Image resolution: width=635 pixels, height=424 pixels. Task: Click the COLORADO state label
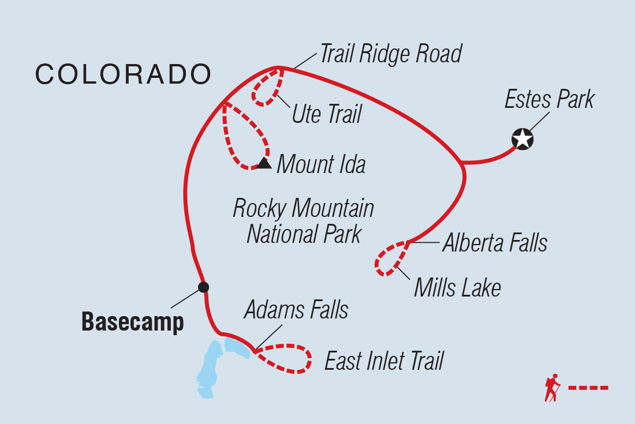click(123, 74)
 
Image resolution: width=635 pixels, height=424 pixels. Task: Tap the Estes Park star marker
click(522, 139)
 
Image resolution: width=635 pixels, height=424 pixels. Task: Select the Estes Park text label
click(549, 100)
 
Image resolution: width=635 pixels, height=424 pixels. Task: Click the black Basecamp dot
click(203, 287)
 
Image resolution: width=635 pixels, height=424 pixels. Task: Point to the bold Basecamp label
click(133, 322)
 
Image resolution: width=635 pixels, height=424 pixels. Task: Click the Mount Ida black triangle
click(264, 163)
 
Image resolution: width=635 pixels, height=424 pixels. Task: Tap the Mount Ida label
click(321, 164)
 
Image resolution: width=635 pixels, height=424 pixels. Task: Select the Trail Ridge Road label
click(391, 54)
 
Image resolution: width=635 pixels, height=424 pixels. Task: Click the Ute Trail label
click(326, 114)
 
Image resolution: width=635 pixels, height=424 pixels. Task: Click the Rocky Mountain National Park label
click(304, 221)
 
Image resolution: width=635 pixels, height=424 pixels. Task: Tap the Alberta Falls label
click(495, 243)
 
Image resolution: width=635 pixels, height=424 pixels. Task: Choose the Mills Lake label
click(457, 287)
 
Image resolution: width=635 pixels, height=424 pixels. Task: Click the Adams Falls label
click(296, 310)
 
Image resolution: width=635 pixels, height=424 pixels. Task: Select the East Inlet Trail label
click(384, 361)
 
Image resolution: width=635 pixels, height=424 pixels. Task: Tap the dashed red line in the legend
click(588, 388)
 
